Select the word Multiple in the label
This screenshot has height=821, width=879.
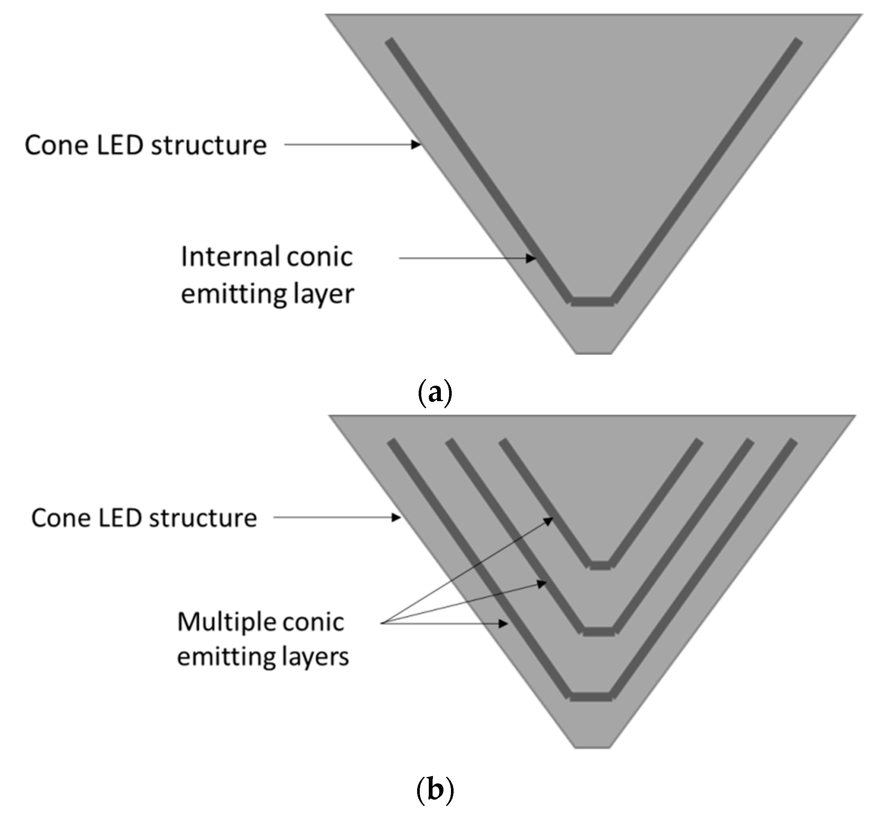225,622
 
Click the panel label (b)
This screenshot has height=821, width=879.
435,789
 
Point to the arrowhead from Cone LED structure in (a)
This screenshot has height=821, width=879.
416,144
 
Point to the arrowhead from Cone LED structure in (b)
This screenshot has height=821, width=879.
396,517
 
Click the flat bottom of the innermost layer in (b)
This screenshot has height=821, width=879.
601,566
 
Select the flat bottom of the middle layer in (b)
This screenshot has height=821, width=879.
599,631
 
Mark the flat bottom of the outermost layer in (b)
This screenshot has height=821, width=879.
591,697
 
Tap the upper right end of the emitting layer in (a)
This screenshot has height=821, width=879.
797,42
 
